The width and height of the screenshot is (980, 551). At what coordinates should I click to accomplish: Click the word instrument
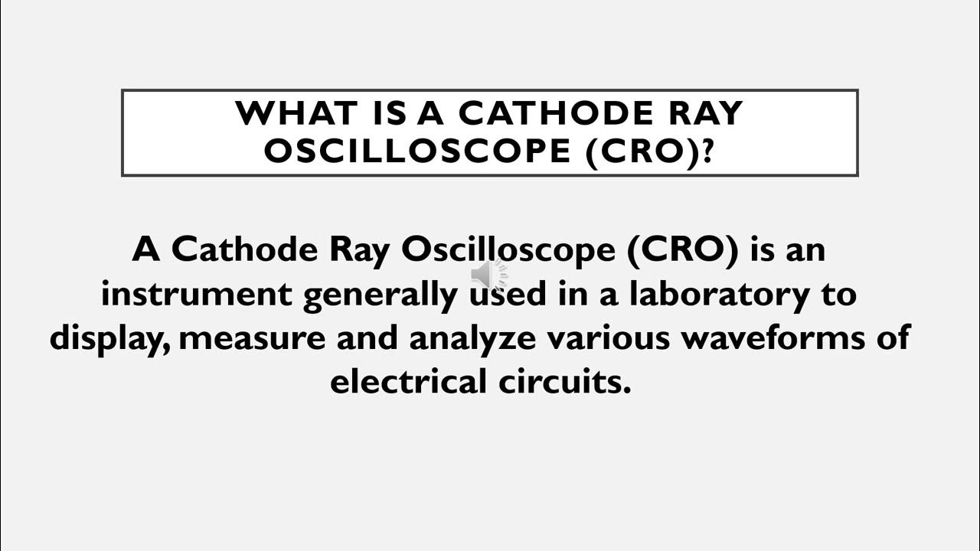197,294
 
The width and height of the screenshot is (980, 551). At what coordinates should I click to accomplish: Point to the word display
109,337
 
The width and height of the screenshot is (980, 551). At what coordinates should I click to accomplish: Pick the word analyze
472,337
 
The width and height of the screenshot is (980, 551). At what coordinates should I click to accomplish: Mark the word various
604,337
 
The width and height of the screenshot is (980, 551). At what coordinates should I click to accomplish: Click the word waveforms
773,337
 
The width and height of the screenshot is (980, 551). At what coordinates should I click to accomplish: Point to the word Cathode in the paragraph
242,250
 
